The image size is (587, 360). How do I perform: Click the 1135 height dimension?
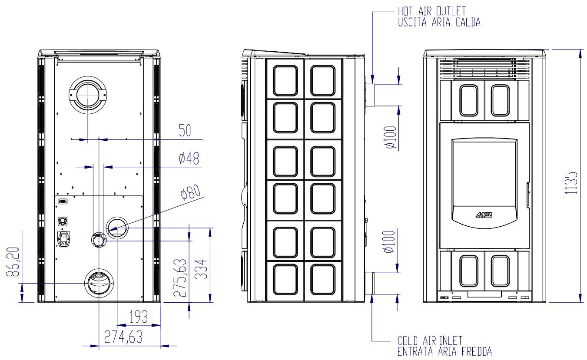pyautogui.click(x=571, y=183)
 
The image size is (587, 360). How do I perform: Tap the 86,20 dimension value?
pyautogui.click(x=13, y=262)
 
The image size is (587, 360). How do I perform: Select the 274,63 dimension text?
pyautogui.click(x=123, y=337)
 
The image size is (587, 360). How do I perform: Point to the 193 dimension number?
pyautogui.click(x=139, y=317)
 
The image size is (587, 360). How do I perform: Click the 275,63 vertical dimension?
pyautogui.click(x=180, y=277)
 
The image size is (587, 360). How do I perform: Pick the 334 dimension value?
pyautogui.click(x=201, y=269)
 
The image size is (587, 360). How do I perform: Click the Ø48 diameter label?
pyautogui.click(x=189, y=158)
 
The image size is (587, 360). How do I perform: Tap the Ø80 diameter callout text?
pyautogui.click(x=191, y=192)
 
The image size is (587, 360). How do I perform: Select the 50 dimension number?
pyautogui.click(x=185, y=130)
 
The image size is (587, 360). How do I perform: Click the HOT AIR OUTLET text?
pyautogui.click(x=432, y=11)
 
